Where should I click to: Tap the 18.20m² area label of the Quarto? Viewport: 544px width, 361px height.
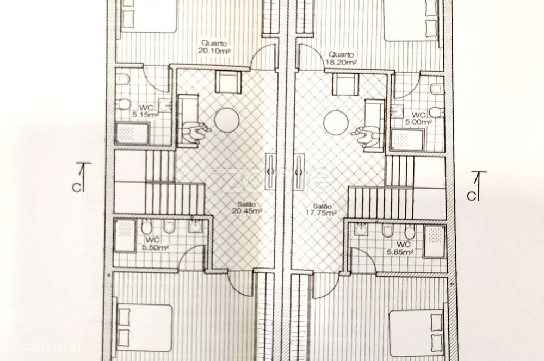(341, 62)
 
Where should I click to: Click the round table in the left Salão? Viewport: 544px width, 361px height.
(227, 120)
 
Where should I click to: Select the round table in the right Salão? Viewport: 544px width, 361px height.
(336, 122)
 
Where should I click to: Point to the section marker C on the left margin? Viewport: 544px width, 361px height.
(80, 179)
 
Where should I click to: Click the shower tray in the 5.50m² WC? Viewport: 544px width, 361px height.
(125, 235)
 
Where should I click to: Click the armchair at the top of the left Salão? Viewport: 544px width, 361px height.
(225, 82)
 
